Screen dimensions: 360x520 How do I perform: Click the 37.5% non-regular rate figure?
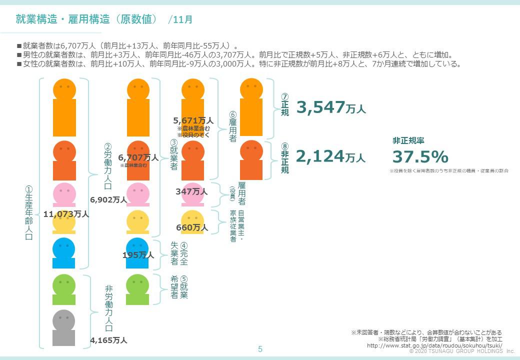420,157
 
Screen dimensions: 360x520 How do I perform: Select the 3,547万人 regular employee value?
331,107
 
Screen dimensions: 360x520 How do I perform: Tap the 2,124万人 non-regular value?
330,157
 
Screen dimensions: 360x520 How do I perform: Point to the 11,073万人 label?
66,214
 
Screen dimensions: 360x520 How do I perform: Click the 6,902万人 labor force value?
108,199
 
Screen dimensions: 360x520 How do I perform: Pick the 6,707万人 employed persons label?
138,157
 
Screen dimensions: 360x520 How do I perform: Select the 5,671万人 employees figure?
193,120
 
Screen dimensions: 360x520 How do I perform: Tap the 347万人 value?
191,191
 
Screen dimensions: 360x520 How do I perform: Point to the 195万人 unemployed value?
138,255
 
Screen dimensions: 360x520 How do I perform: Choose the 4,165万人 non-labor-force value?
108,340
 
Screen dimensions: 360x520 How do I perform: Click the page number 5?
260,349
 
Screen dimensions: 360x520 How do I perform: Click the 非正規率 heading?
408,141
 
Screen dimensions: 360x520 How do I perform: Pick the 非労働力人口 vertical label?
108,308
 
